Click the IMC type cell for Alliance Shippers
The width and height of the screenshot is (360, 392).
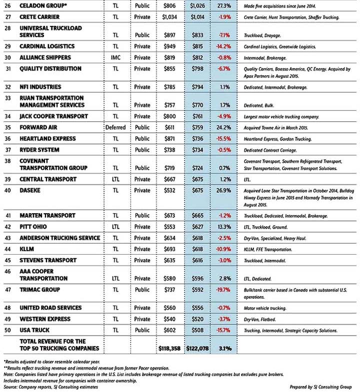tap(115, 58)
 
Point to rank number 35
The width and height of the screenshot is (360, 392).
tap(7, 127)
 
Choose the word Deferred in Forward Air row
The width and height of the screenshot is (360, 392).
tap(115, 127)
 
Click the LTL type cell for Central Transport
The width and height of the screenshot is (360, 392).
tap(115, 179)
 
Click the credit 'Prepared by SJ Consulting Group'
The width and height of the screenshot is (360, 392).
tap(320, 387)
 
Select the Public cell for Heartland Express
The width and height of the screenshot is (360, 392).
tap(142, 138)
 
